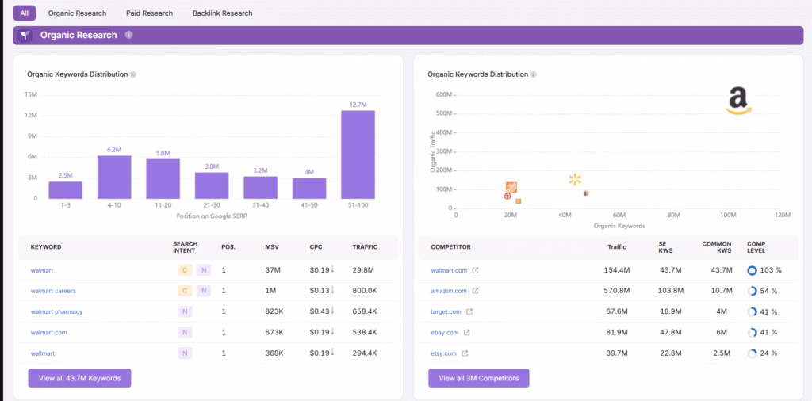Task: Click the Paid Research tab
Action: point(149,13)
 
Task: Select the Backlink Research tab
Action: point(222,13)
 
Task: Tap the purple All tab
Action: point(24,13)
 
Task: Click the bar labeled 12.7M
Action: point(358,154)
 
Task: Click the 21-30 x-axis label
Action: point(212,204)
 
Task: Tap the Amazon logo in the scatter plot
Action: point(737,101)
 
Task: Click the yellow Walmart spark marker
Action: point(575,180)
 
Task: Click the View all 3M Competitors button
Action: point(478,378)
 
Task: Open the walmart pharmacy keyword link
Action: point(56,311)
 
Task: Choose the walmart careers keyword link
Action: point(53,291)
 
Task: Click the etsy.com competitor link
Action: point(443,353)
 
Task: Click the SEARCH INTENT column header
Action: point(186,246)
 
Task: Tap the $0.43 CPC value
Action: point(319,311)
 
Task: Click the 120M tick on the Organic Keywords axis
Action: point(782,215)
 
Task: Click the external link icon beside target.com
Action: point(469,312)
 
